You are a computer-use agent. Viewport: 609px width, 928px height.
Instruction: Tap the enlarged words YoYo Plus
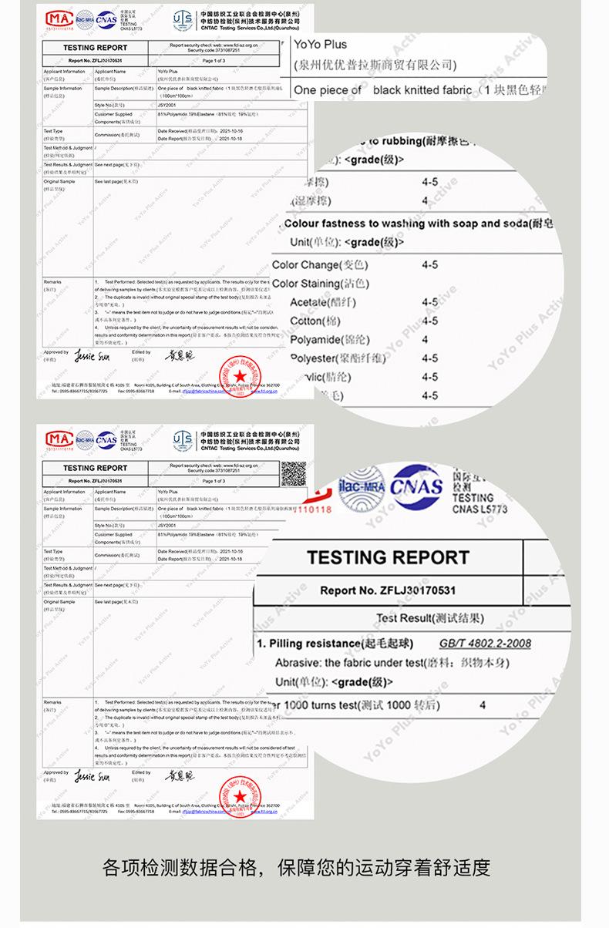pos(321,45)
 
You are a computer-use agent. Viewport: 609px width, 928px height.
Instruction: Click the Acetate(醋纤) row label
pos(321,303)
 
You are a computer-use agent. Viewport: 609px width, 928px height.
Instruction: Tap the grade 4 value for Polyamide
pos(426,340)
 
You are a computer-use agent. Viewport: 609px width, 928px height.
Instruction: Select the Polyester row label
pos(336,358)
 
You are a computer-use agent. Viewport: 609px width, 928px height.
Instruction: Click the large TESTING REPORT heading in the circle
pos(388,557)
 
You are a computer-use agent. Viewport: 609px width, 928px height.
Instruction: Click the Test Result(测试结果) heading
pos(430,618)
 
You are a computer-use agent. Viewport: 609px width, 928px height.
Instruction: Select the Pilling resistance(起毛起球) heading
pos(336,644)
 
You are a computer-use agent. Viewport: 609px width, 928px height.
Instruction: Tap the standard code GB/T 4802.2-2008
pos(484,644)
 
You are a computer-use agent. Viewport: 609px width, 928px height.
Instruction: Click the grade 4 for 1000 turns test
pos(483,704)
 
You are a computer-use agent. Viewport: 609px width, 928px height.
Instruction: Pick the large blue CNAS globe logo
pos(416,488)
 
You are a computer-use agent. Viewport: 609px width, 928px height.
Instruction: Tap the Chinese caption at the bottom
pos(297,867)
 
